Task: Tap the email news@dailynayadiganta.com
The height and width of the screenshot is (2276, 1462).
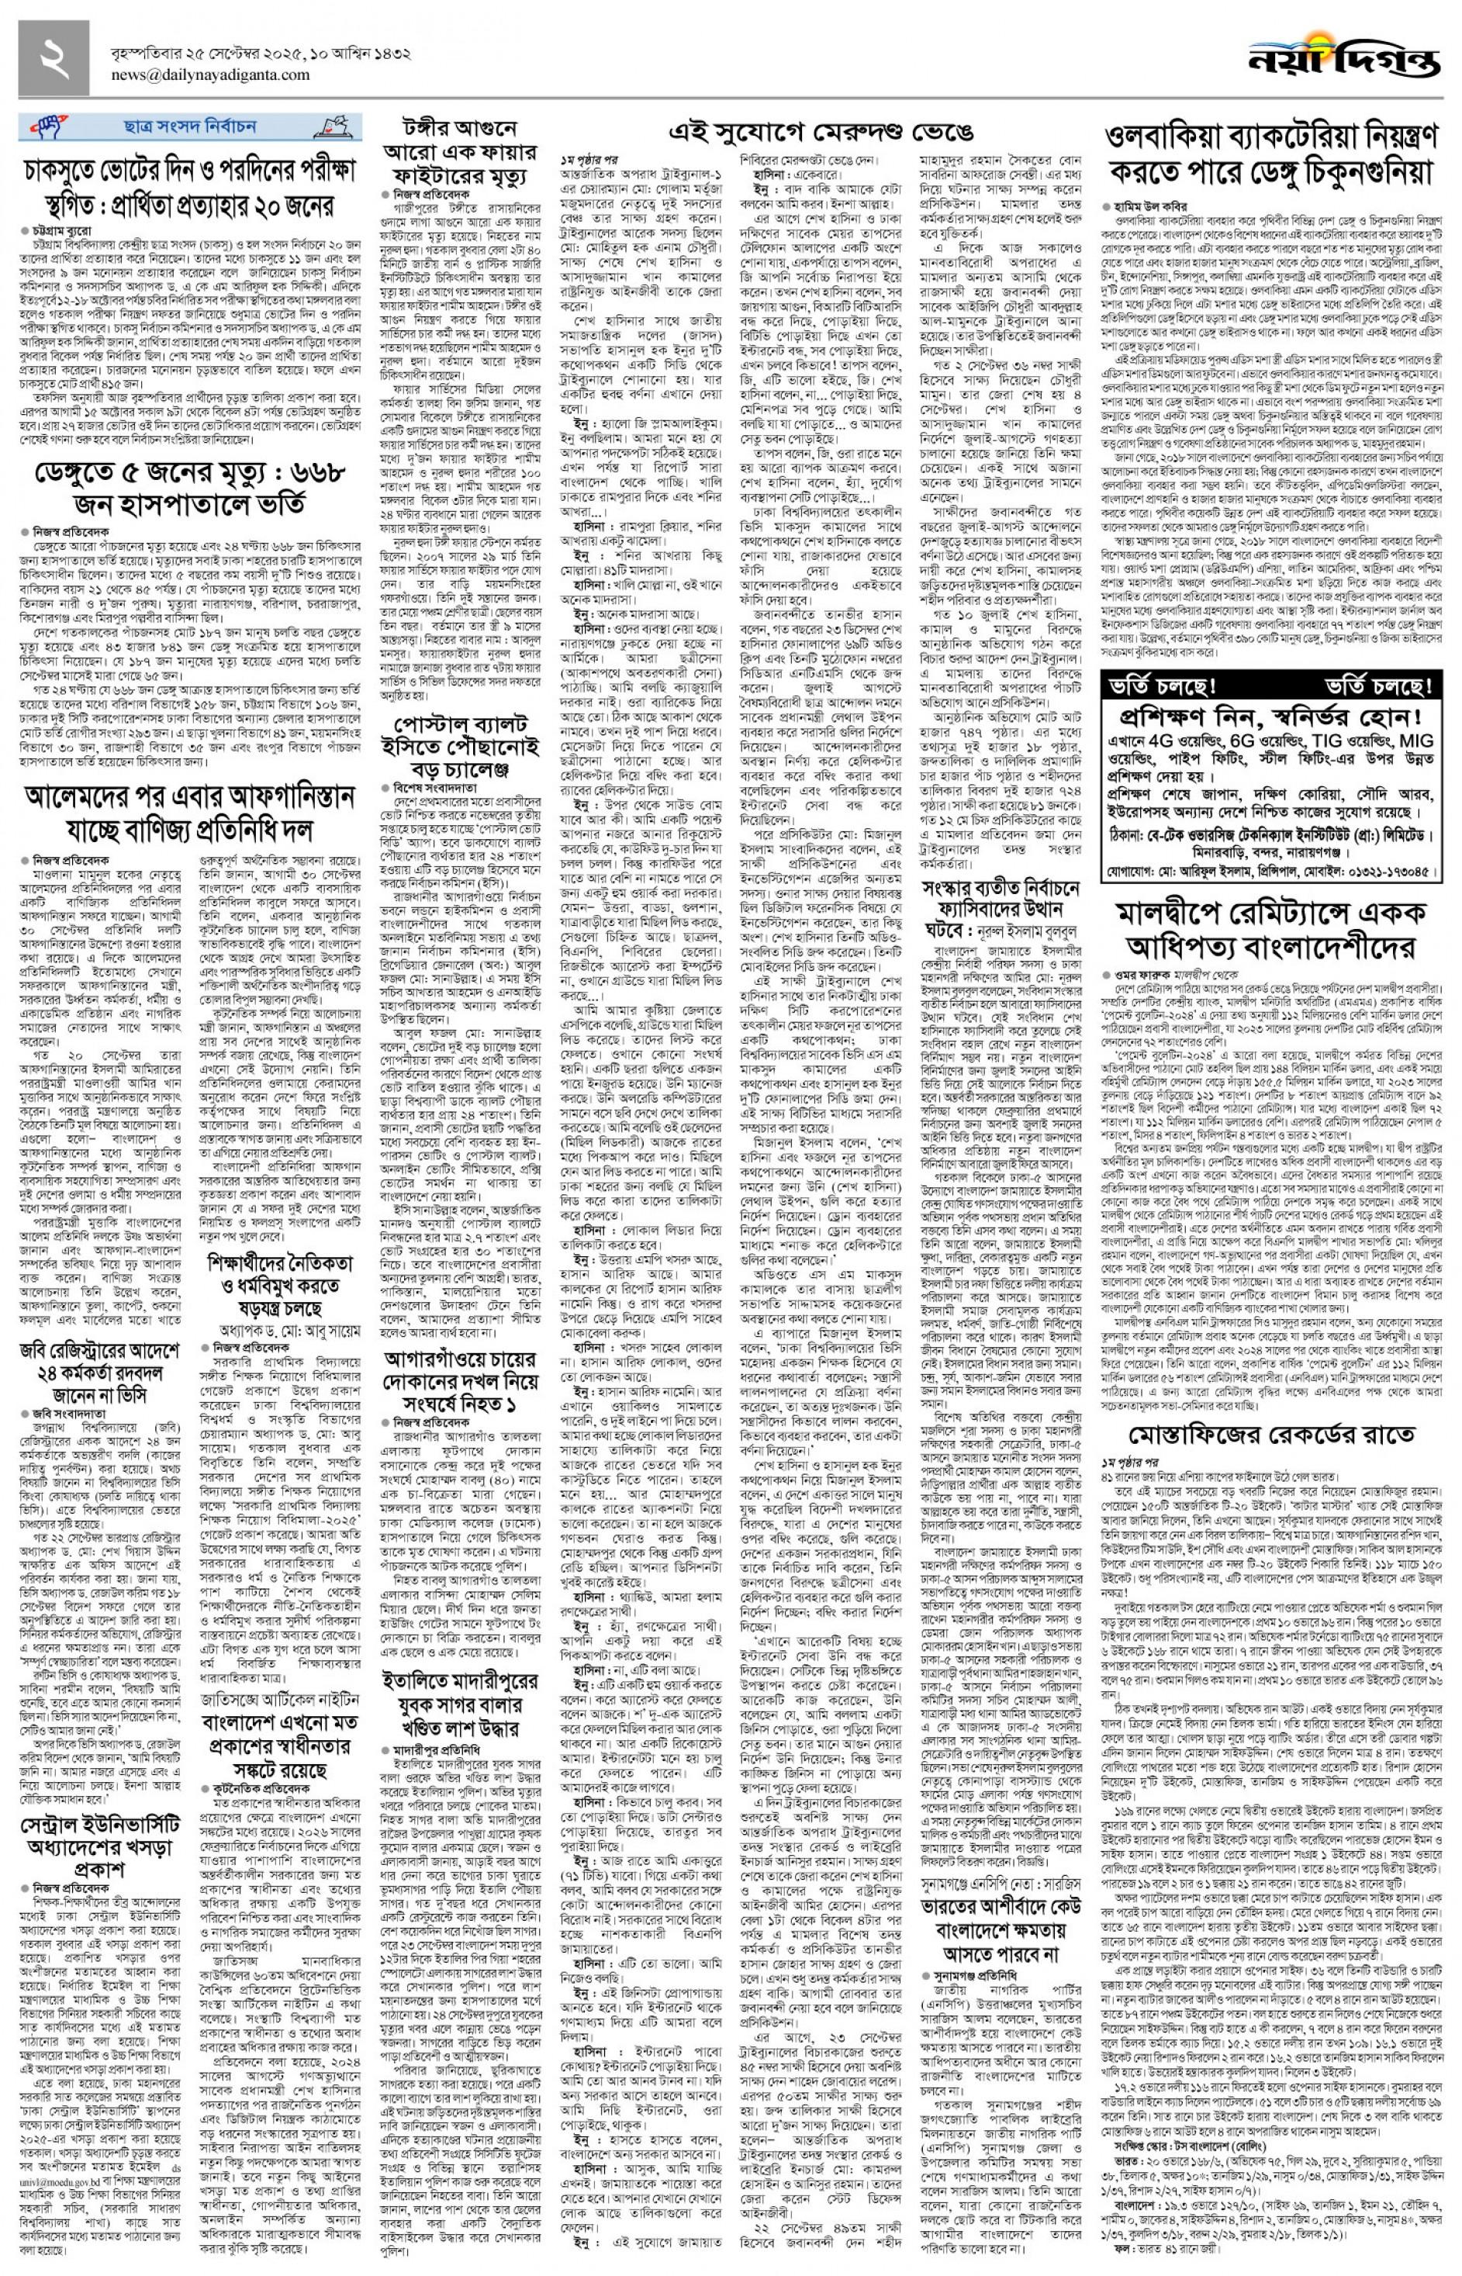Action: [199, 76]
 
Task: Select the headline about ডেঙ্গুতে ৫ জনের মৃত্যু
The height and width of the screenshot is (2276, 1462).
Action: [190, 488]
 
